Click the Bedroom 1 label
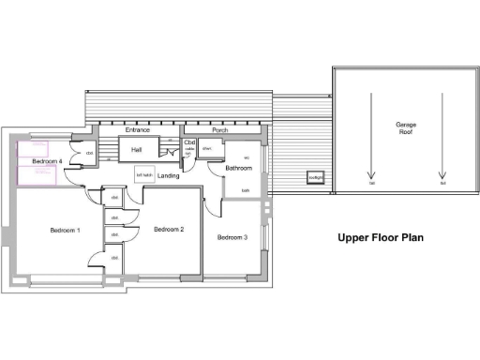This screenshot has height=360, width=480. [x=65, y=230]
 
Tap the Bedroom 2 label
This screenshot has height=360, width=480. [x=168, y=230]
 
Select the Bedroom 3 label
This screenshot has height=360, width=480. [x=232, y=238]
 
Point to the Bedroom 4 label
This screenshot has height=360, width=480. [x=47, y=161]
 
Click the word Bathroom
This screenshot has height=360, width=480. [x=238, y=169]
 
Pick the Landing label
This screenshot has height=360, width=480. [x=169, y=175]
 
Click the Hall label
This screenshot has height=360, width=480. [x=136, y=150]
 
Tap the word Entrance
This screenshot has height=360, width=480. [x=138, y=129]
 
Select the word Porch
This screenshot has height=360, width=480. [x=220, y=129]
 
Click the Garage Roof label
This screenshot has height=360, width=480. [x=405, y=127]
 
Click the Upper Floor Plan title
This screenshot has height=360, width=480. [x=380, y=238]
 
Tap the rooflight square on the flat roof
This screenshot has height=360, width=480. [x=316, y=179]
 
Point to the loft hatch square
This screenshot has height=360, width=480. [x=144, y=174]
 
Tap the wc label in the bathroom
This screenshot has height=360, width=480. [x=247, y=157]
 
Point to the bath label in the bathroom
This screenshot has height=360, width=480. [x=246, y=190]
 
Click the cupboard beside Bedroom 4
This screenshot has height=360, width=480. [x=90, y=153]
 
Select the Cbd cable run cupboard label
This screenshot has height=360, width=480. [x=189, y=142]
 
